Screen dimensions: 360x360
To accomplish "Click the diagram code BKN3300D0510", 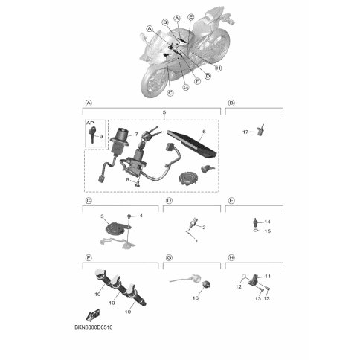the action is (94, 327).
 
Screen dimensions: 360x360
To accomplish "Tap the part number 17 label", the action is (245, 132).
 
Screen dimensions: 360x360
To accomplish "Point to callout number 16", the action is (196, 298).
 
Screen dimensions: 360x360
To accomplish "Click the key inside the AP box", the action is (92, 135).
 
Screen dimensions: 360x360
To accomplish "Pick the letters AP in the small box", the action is (90, 123).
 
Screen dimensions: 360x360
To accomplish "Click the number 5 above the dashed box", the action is (164, 112).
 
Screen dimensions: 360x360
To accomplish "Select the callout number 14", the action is (267, 222).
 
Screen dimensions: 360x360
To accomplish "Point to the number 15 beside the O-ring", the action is (268, 231).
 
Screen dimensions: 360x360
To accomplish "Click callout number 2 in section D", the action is (204, 228).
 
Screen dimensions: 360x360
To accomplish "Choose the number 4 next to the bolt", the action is (141, 216).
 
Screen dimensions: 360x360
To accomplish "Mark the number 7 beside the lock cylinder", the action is (136, 135).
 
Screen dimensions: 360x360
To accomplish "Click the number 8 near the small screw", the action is (127, 179).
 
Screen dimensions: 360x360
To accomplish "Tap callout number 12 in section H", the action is (238, 286).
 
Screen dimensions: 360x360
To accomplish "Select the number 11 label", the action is (268, 276).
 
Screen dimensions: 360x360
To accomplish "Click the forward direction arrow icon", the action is (93, 315).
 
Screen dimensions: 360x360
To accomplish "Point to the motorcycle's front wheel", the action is (154, 80).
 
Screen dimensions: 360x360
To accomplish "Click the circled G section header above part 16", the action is (169, 258).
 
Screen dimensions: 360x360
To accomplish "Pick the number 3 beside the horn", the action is (102, 216).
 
